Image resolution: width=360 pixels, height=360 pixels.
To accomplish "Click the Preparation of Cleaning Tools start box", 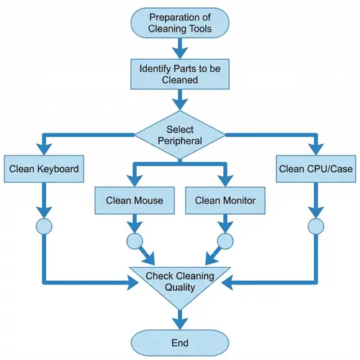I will tap(180, 22).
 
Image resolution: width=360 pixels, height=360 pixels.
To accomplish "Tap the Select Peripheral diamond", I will tap(180, 134).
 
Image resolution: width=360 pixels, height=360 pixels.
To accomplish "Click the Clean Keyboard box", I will tap(44, 170).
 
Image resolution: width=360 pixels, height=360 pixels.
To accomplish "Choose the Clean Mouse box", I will tap(135, 200).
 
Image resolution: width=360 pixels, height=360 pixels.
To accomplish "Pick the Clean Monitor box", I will tap(225, 200).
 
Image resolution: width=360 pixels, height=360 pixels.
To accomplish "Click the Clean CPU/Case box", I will tap(315, 170).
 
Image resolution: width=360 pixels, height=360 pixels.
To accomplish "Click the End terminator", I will tap(180, 343).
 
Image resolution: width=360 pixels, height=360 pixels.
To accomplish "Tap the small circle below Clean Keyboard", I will tap(44, 226).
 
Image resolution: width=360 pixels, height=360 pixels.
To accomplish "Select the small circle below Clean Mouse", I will tap(135, 240).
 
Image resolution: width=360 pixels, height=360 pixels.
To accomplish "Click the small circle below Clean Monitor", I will tap(225, 240).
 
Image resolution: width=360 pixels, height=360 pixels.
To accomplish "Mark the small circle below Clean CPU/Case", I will tap(315, 226).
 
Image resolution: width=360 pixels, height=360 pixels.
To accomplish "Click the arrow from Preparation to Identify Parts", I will tap(180, 49).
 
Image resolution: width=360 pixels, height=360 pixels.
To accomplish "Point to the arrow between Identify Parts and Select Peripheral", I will tap(180, 106).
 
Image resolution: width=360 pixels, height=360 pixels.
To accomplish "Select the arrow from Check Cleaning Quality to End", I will tap(180, 317).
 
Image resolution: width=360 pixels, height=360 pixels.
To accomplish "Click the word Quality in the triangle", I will tap(180, 289).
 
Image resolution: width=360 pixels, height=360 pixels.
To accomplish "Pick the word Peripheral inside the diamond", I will tap(180, 140).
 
